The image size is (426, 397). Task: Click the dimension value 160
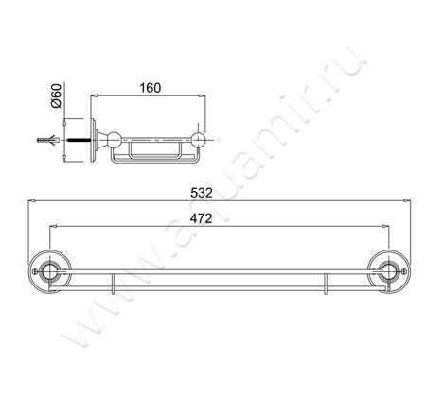(150, 88)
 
